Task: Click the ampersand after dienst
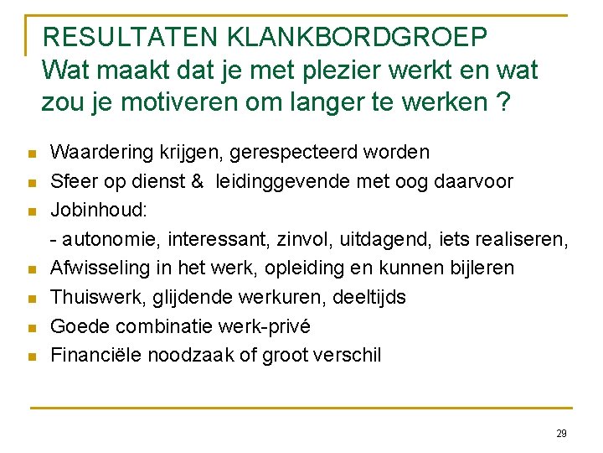coord(198,181)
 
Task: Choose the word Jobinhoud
coord(94,210)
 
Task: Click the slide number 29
coord(561,434)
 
